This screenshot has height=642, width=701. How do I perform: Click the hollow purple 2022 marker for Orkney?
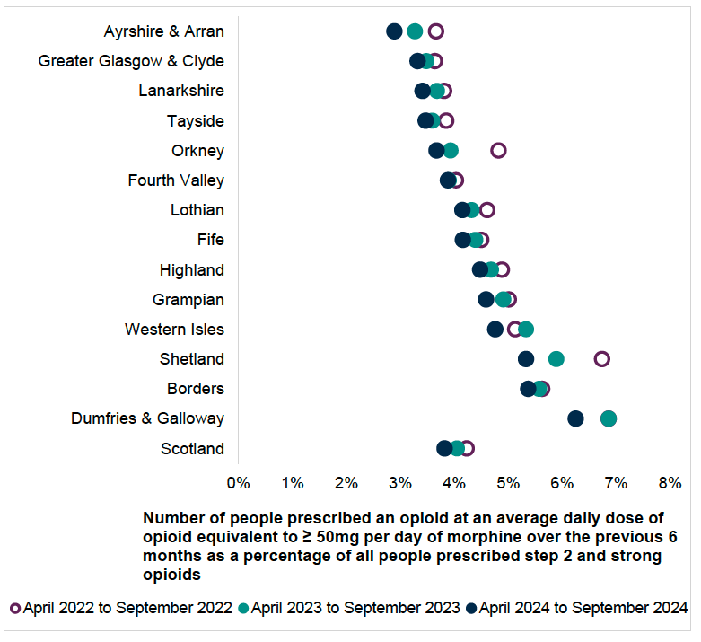498,150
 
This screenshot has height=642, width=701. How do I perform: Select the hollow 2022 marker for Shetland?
601,359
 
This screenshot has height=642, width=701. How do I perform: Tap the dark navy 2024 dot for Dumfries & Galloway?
575,418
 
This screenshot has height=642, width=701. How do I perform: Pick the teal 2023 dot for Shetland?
556,359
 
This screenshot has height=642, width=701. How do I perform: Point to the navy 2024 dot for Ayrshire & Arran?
394,31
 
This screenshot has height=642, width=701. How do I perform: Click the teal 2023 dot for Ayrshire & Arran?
415,31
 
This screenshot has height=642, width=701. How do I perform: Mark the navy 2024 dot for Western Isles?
495,329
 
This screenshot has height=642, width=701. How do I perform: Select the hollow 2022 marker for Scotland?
467,448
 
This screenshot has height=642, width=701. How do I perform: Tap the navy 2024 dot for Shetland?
526,359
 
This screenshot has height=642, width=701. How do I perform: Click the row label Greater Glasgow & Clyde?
131,61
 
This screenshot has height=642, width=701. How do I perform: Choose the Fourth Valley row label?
176,180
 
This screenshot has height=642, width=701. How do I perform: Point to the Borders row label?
195,389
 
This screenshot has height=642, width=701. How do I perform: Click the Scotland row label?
192,449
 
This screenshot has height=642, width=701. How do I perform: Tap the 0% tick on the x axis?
238,482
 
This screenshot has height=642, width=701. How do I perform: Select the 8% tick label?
670,482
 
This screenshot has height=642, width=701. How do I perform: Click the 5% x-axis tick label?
508,482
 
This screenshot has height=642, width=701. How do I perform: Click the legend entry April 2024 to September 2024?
583,608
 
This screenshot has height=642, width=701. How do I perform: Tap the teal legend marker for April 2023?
242,608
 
